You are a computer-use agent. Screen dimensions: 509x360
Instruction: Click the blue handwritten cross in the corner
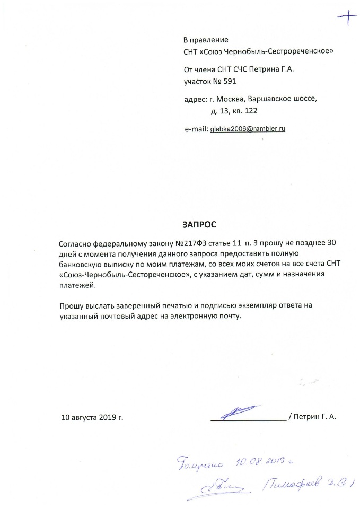click(347, 19)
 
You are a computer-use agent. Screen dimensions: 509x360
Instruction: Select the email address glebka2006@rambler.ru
click(248, 129)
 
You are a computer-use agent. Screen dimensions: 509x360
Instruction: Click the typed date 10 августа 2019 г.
click(92, 417)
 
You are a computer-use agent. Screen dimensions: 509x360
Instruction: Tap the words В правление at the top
click(206, 40)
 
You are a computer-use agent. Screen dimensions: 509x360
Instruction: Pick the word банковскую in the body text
click(79, 265)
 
